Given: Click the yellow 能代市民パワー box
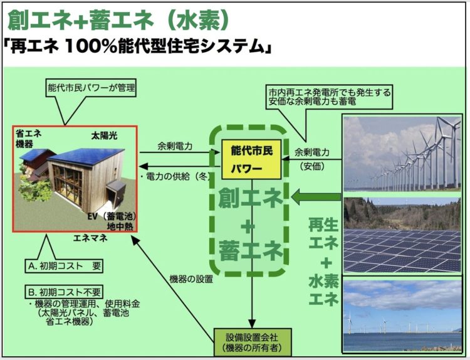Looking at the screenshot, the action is tap(251, 159).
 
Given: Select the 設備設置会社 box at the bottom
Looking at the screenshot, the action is tap(253, 342).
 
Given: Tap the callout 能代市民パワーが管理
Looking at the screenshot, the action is tap(91, 88).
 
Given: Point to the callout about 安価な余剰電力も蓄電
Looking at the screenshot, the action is tap(330, 97).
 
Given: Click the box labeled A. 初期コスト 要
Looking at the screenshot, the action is tap(64, 266).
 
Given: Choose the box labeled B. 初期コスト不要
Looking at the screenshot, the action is tap(64, 292).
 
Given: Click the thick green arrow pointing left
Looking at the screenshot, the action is tap(316, 197).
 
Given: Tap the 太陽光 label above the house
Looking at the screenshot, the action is tap(104, 136).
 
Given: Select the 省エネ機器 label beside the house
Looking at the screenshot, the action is tap(28, 139).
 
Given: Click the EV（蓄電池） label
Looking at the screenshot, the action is tap(112, 216).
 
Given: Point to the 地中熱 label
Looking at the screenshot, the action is tap(120, 226).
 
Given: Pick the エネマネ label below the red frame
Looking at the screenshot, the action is tap(90, 238).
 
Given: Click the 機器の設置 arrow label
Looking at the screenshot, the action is tap(191, 279).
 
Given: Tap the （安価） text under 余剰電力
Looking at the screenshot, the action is tap(312, 167).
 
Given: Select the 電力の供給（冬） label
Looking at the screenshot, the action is tap(175, 176).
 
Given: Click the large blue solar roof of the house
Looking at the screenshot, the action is tap(87, 157).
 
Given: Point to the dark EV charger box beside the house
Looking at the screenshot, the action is tap(117, 195).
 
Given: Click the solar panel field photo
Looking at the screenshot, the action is tap(402, 235).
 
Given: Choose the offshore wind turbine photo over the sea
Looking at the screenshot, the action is tap(402, 315).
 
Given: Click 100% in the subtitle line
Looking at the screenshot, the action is tap(90, 46).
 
